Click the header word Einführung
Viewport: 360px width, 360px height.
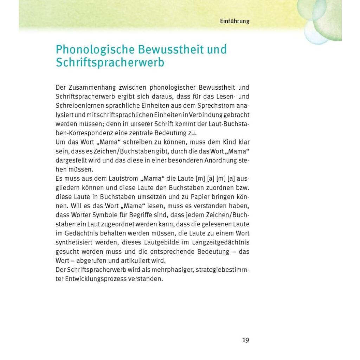[234, 21]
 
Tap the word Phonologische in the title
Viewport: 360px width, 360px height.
[91, 50]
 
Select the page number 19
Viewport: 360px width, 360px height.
[245, 340]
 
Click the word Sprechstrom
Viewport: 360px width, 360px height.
[210, 105]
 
